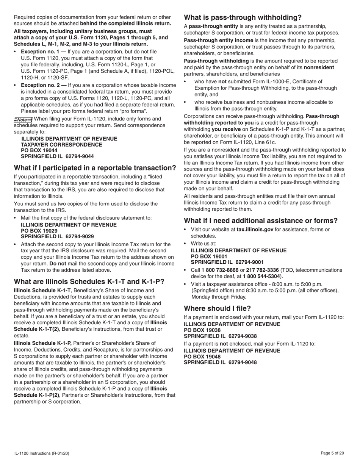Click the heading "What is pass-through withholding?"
[243, 17]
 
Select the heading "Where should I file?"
[217, 308]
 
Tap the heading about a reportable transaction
[95, 168]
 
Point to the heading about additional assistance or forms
[260, 220]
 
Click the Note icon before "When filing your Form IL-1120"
[23, 119]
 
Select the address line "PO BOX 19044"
[39, 150]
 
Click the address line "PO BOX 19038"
[202, 330]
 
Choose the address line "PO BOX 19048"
[202, 357]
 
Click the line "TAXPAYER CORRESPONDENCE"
[61, 145]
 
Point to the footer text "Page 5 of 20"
[332, 453]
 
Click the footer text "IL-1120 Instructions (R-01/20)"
[42, 453]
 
